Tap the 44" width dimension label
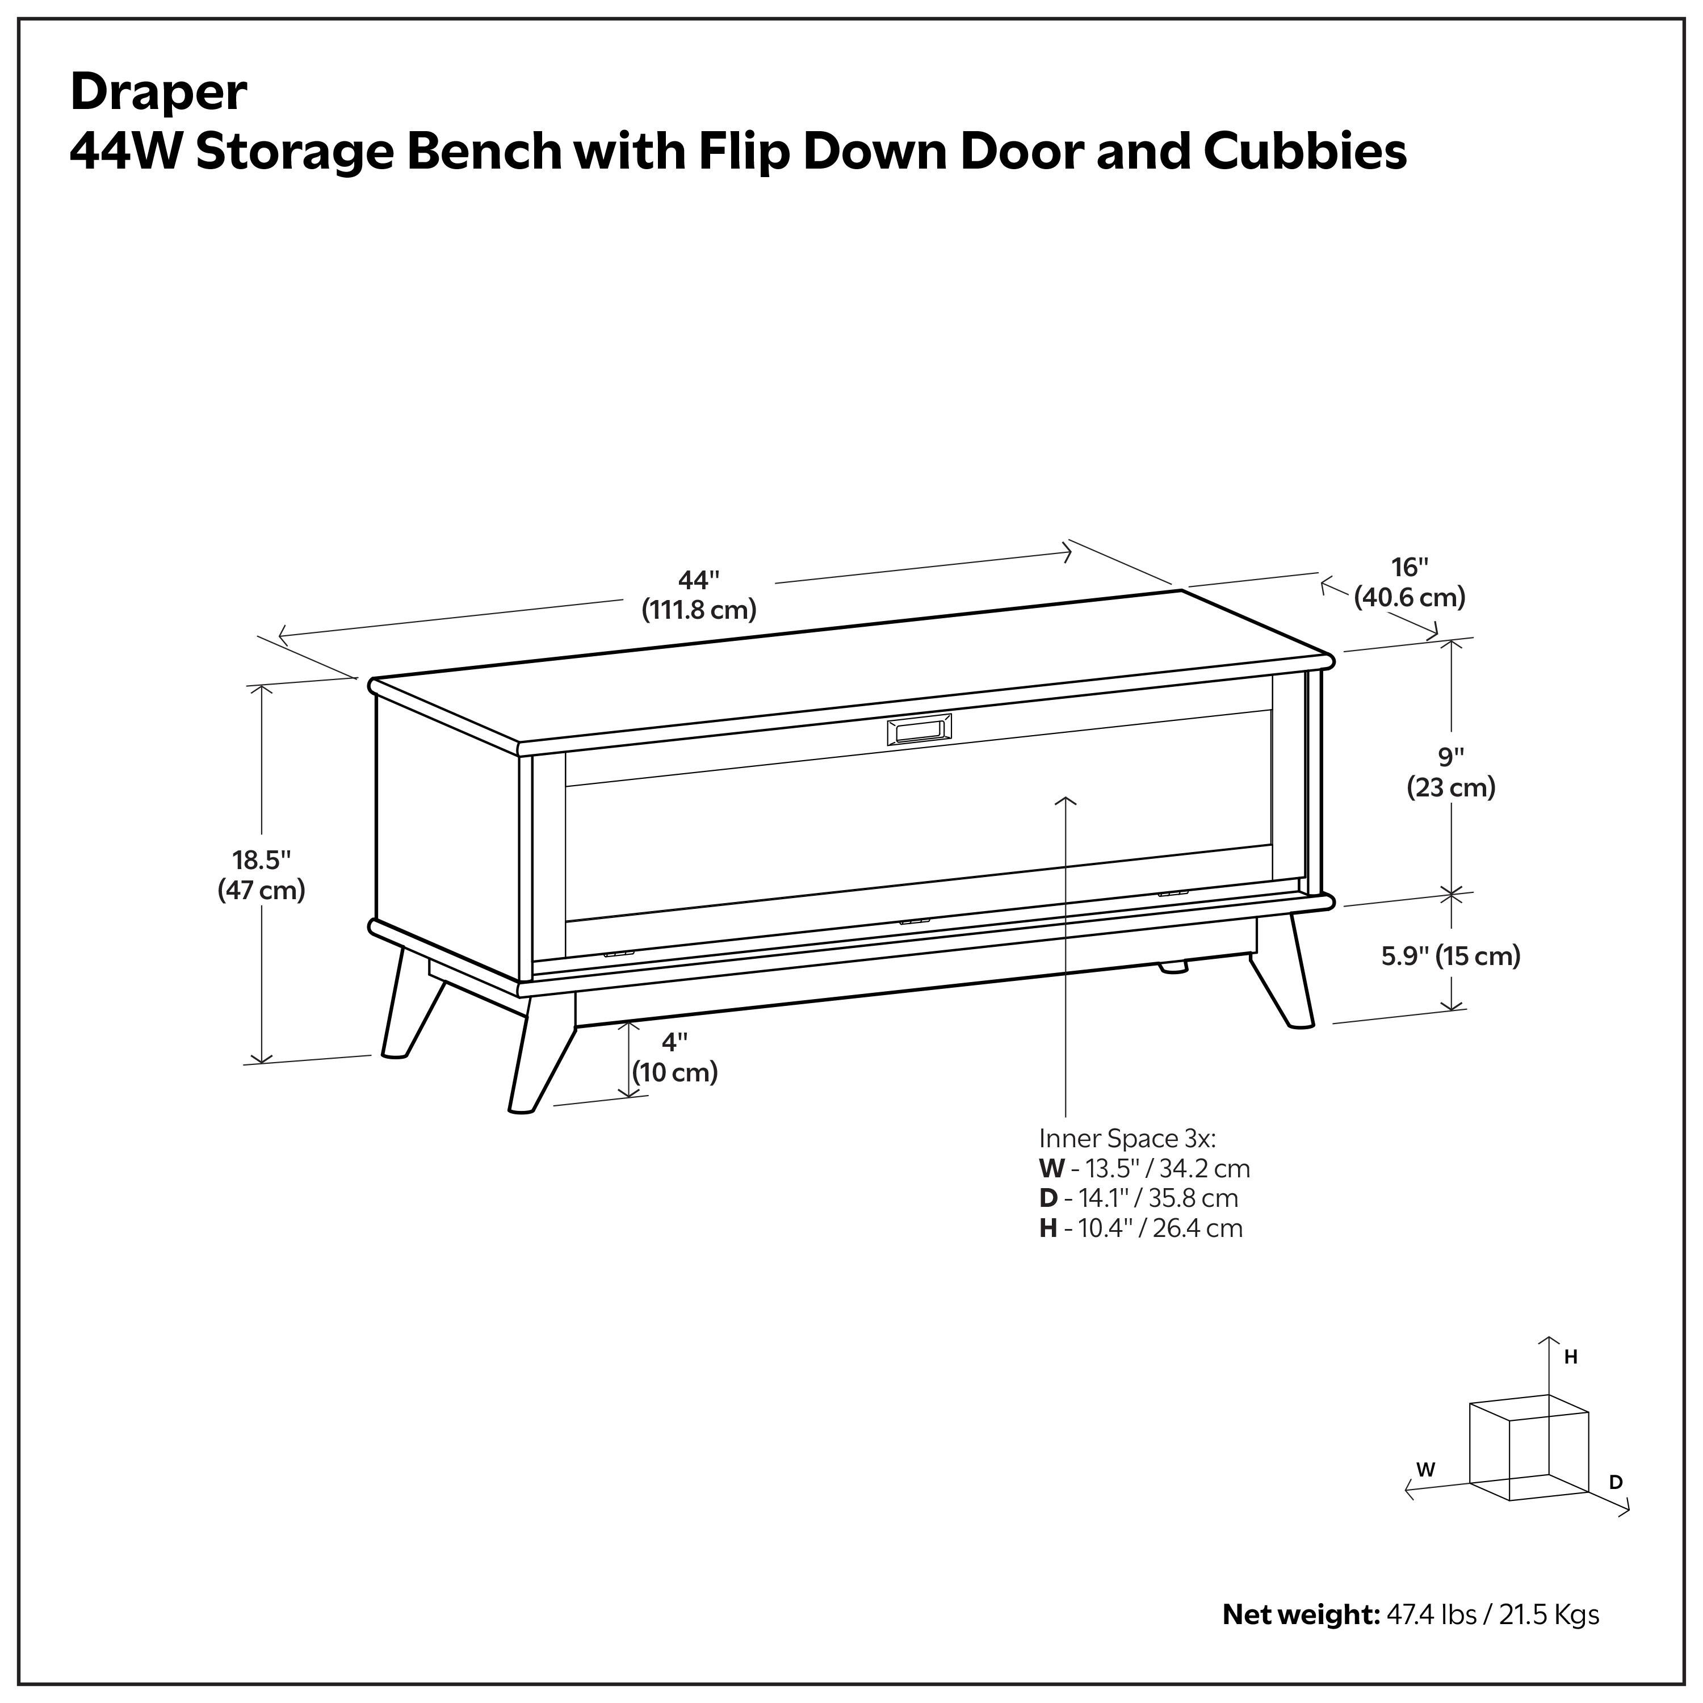pos(699,594)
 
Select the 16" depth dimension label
pos(1410,582)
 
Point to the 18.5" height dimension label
pos(262,874)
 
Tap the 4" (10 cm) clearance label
pos(674,1058)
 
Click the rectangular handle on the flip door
pos(918,731)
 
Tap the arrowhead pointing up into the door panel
pos(1066,800)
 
